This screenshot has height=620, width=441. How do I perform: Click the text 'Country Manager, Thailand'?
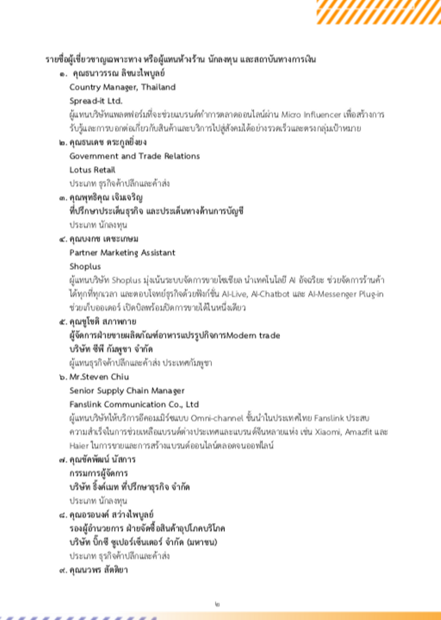coord(122,87)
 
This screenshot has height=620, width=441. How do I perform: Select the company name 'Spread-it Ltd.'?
coord(96,101)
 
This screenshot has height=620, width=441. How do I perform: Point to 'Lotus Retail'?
coord(92,170)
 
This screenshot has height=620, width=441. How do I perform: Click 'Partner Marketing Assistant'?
coord(122,253)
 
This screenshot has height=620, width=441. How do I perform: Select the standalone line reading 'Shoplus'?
coord(85,266)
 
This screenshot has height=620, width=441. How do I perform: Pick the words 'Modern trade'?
coord(254,335)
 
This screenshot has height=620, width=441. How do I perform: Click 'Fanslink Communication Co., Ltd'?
coord(134,404)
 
